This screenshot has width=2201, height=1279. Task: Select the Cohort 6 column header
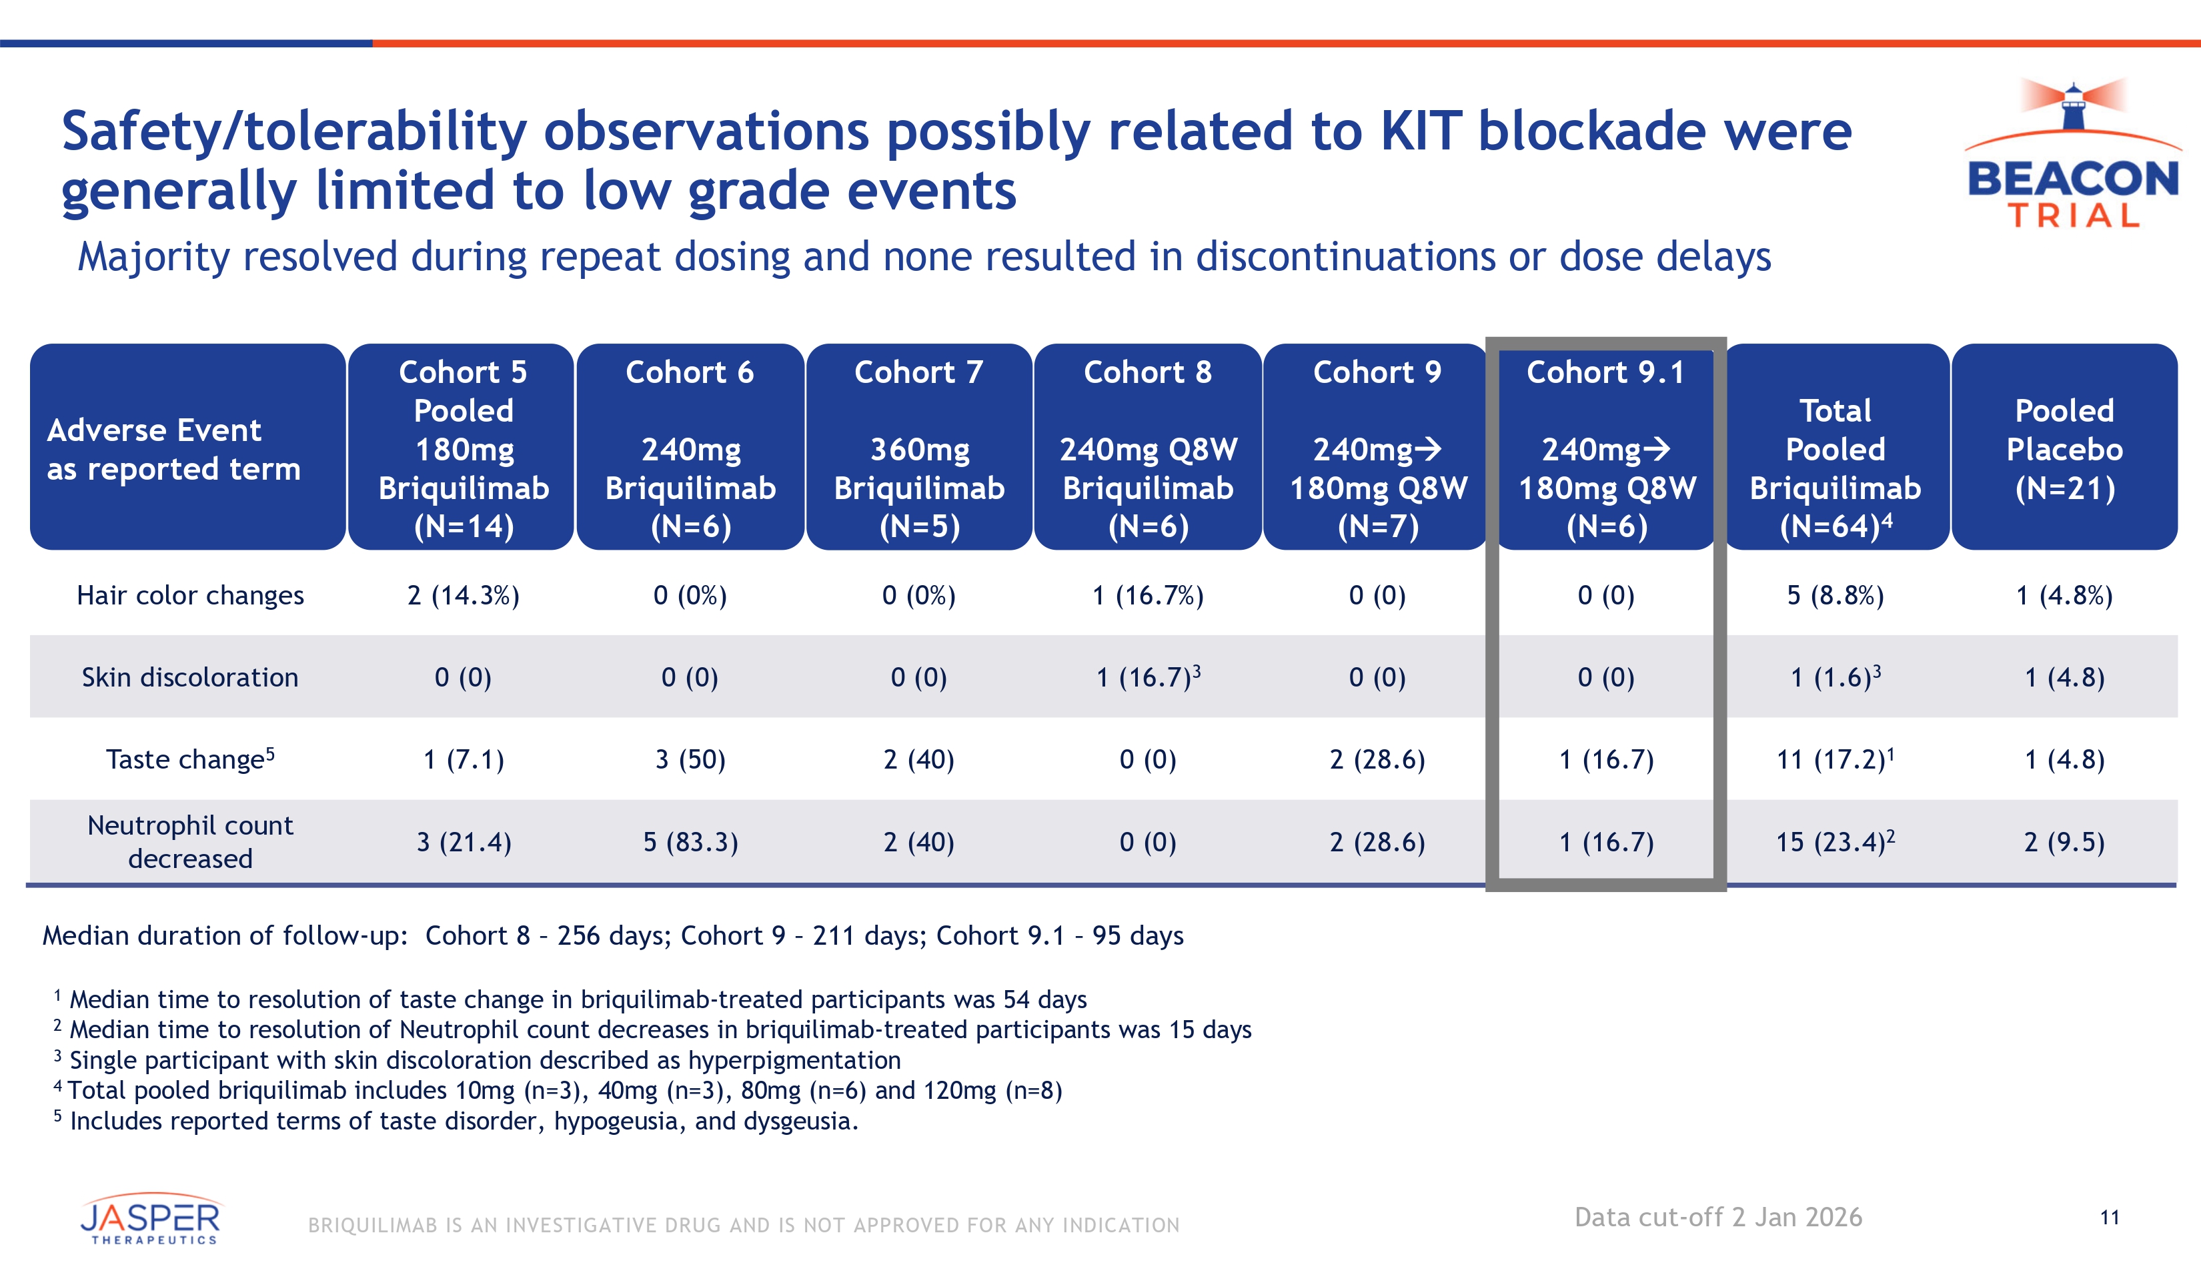690,446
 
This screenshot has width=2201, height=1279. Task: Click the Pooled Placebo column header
2064,446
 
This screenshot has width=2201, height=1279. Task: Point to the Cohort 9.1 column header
1606,446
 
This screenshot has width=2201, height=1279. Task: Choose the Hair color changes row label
190,595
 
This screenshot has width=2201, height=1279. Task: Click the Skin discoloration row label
189,677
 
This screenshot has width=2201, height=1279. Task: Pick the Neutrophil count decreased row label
189,841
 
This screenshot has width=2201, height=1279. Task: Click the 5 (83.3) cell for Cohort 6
690,842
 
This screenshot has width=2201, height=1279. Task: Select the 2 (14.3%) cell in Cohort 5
463,595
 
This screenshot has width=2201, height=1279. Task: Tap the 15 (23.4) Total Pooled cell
1834,842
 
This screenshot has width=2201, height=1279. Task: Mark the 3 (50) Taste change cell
690,759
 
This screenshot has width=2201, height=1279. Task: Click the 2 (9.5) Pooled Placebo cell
2064,842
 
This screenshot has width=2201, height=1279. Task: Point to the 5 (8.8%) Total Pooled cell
1835,595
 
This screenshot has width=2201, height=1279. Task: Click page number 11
2109,1217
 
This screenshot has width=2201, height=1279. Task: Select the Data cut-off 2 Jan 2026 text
1718,1217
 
